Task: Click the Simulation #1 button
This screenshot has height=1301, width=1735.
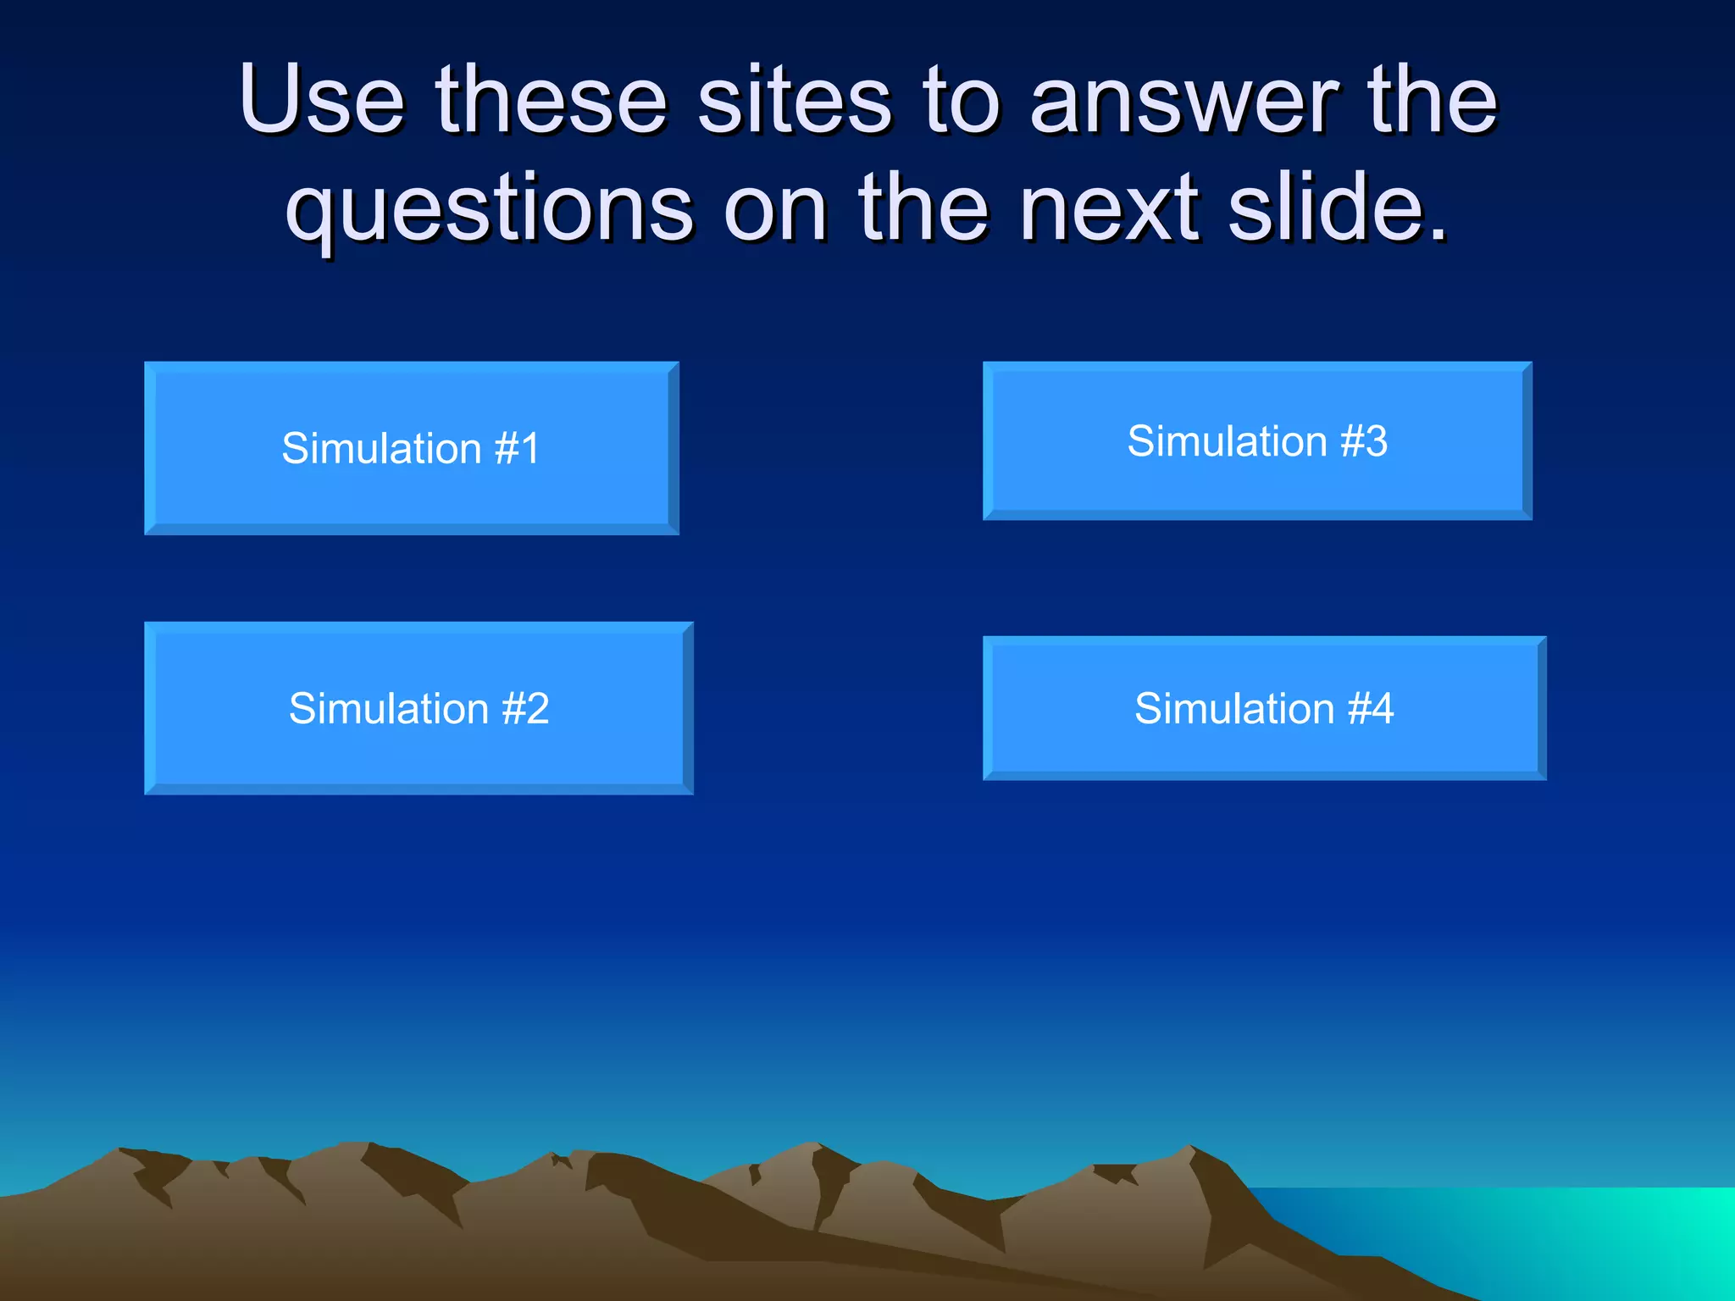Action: (x=411, y=448)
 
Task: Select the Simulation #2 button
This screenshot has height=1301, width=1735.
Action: (x=419, y=708)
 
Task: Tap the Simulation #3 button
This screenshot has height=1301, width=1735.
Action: (x=1257, y=440)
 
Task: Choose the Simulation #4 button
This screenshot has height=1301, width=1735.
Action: (x=1264, y=708)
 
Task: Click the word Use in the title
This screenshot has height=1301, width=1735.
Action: (x=322, y=100)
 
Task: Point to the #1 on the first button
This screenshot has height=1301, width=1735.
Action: (x=517, y=448)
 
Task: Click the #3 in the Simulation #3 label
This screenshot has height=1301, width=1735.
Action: (x=1363, y=440)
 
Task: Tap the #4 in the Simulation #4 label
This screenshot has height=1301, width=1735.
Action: (x=1370, y=708)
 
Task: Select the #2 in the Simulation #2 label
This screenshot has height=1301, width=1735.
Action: (x=525, y=708)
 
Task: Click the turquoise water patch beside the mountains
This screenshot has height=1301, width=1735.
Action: (x=1567, y=1237)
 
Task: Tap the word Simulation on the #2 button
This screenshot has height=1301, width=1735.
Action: (x=389, y=708)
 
